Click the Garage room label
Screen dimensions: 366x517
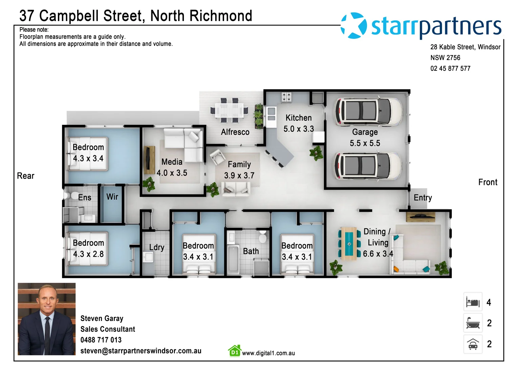coord(365,132)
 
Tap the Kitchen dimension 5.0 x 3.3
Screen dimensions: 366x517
coord(299,129)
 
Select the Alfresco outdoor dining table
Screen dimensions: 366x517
coord(229,110)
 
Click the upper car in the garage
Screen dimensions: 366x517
coord(368,111)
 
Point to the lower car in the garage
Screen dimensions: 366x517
coord(368,166)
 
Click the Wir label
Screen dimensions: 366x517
coord(112,197)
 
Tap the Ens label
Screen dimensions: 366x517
coord(85,198)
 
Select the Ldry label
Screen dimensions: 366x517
coord(156,247)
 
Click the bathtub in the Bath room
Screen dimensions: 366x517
coord(233,259)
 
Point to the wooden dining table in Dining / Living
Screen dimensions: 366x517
coord(349,243)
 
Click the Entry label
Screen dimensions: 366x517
coord(423,198)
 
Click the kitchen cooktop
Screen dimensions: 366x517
coord(286,97)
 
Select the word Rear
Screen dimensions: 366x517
coord(26,176)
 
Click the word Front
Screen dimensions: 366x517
coord(488,182)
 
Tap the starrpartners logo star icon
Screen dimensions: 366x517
coord(354,26)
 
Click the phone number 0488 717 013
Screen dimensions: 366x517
coord(101,340)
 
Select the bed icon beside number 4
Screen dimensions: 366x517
coord(473,302)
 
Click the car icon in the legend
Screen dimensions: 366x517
coord(473,344)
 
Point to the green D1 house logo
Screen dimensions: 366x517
coord(235,351)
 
